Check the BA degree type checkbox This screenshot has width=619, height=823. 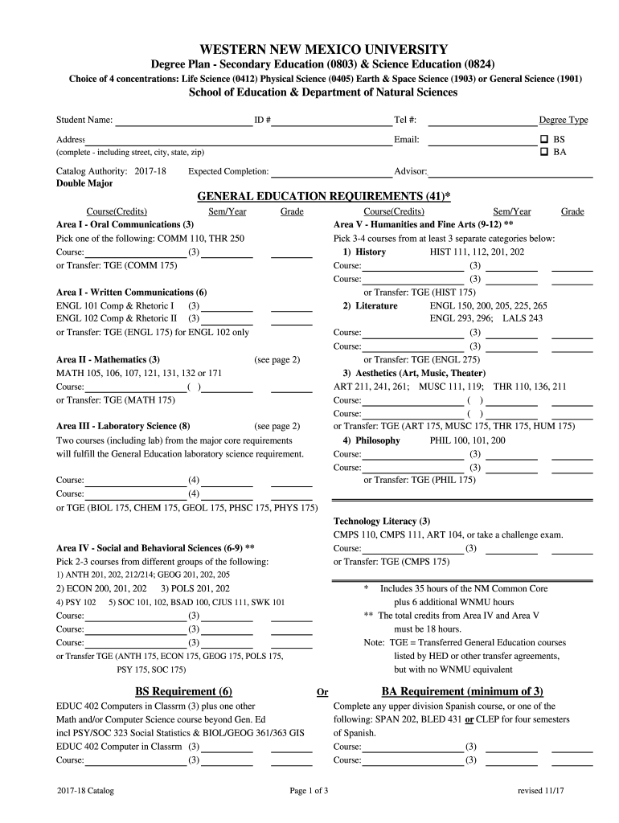coord(545,151)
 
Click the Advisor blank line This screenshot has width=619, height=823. coord(510,171)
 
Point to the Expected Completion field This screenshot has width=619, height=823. coord(330,171)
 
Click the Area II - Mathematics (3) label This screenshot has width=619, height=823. coord(108,359)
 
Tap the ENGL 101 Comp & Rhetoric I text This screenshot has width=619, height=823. coord(115,306)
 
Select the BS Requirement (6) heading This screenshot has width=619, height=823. coord(183,691)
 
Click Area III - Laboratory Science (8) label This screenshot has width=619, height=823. coord(123,426)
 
